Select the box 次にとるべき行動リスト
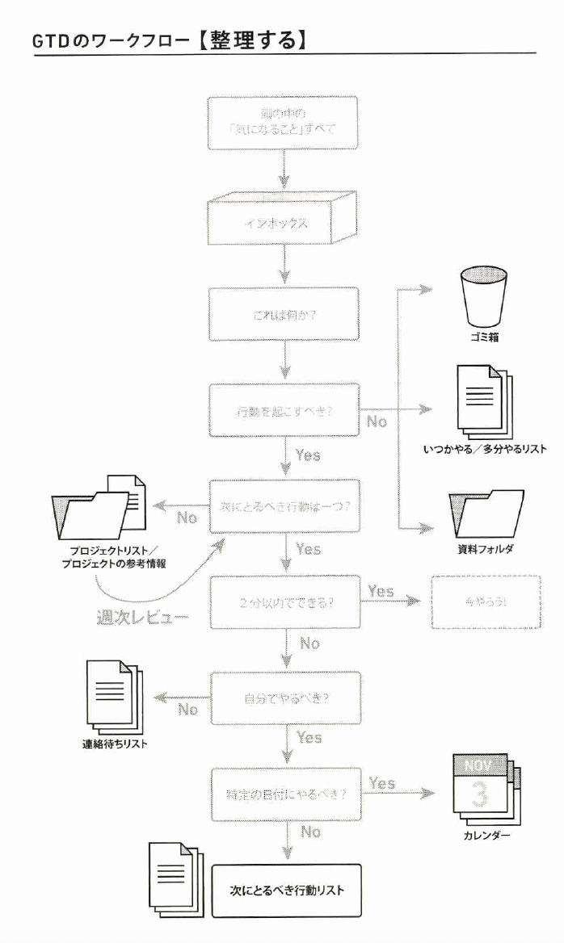(286, 891)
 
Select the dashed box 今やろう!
(486, 601)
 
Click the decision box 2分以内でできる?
(285, 601)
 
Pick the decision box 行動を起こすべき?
(285, 411)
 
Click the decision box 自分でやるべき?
(285, 697)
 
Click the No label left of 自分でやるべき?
(188, 709)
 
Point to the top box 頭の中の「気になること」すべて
(283, 123)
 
